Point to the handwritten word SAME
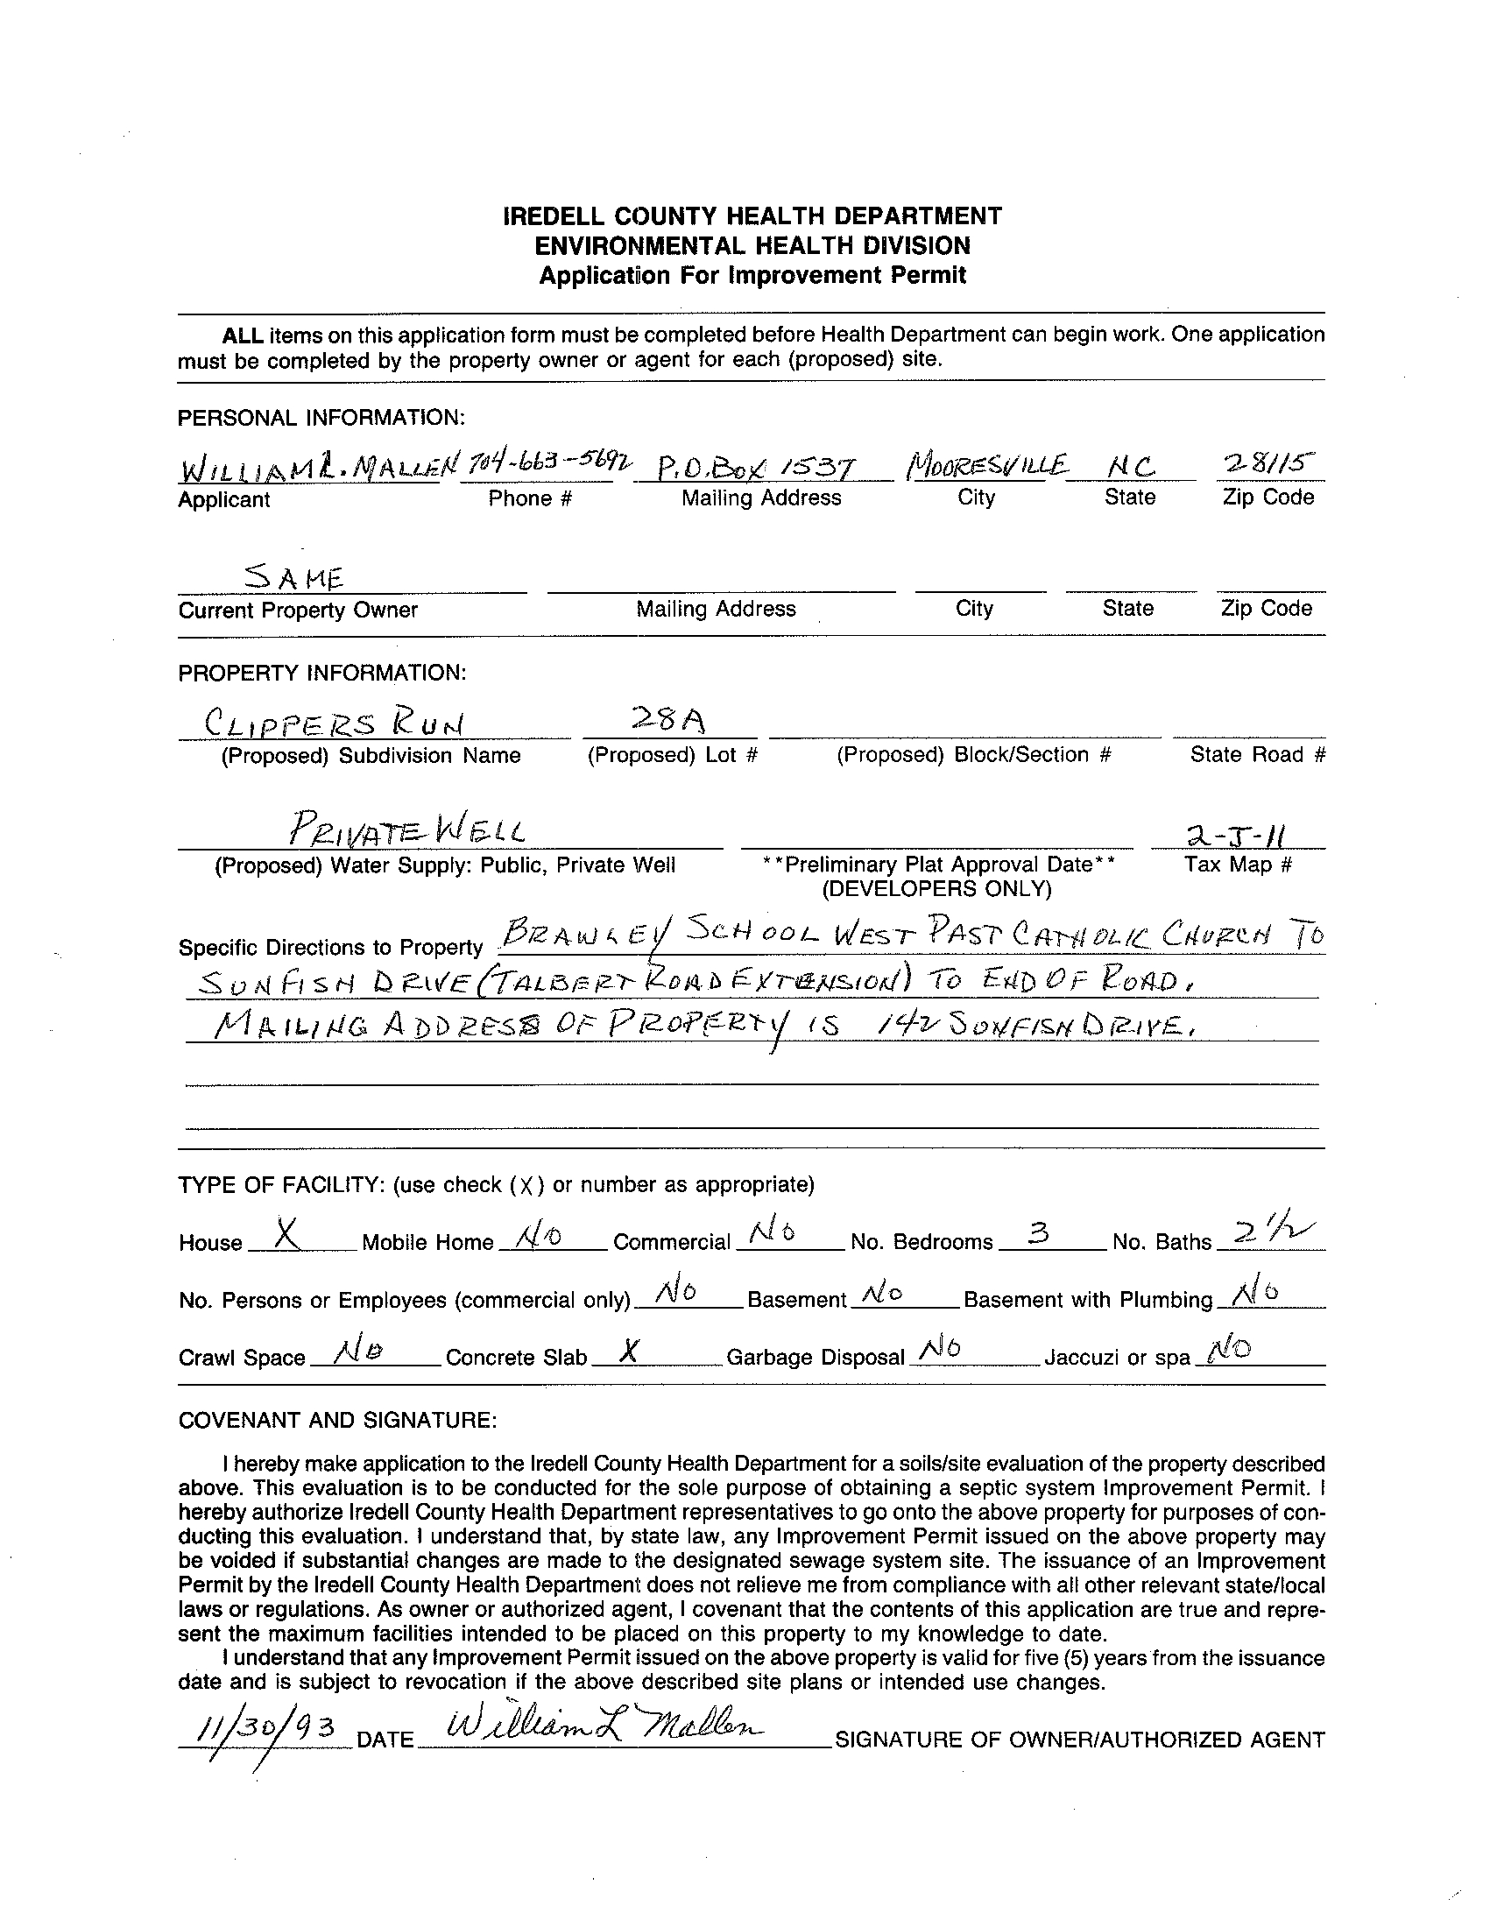coord(293,577)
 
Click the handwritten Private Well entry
coord(407,830)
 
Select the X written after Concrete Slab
coord(627,1351)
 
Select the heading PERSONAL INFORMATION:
coord(321,418)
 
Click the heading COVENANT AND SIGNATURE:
coord(338,1420)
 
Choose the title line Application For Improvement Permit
coord(752,275)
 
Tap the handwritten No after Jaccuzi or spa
coord(1230,1350)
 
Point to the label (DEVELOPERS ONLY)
coord(937,888)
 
